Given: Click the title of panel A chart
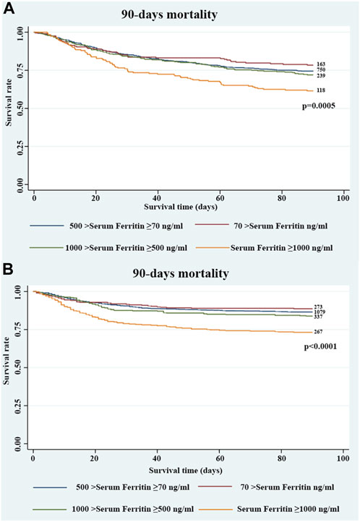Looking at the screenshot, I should point(181,14).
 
